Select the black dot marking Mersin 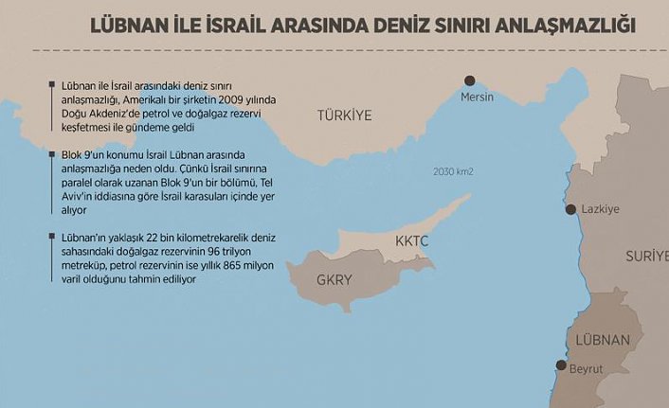469,81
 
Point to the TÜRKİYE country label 343,115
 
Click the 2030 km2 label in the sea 453,172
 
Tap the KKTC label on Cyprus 412,242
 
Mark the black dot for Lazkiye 570,209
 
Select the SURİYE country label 646,257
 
